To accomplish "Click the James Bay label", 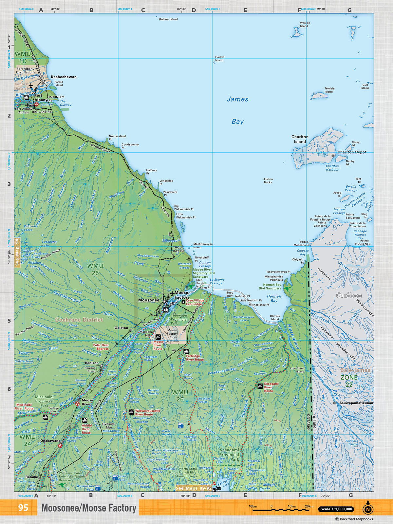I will pos(237,110).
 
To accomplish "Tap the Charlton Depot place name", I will pos(352,152).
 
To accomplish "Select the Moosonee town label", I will pos(149,300).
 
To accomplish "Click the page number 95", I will pos(23,508).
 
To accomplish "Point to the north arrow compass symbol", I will pos(368,508).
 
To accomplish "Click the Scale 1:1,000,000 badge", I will pos(336,509).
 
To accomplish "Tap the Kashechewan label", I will pos(64,77).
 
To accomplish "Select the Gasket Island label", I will pos(219,59).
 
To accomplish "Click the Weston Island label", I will pos(305,25).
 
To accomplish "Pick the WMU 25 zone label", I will pos(95,269).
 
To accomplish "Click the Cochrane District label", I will pos(79,320).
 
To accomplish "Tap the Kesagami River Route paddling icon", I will pos(260,386).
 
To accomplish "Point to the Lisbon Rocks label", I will pos(268,181).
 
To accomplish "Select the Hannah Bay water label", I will pos(274,298).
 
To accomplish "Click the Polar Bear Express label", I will pos(101,347).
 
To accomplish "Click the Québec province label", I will pos(349,295).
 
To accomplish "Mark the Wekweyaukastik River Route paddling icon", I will pos(131,412).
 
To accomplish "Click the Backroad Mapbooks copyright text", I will pos(354,519).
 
